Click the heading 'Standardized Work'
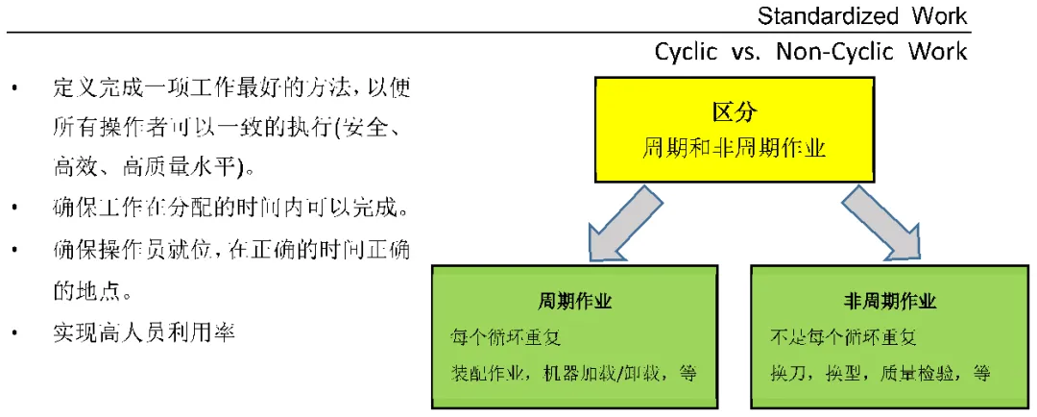[862, 16]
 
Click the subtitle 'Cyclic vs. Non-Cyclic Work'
[810, 51]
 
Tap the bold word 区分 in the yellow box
[735, 112]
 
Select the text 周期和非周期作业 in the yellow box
[735, 147]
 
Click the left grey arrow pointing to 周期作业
[625, 224]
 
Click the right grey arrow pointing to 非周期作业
[880, 224]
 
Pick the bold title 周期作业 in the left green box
[574, 301]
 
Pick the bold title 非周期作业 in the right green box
[890, 301]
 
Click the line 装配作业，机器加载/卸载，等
[573, 373]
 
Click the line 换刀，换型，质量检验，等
[880, 373]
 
